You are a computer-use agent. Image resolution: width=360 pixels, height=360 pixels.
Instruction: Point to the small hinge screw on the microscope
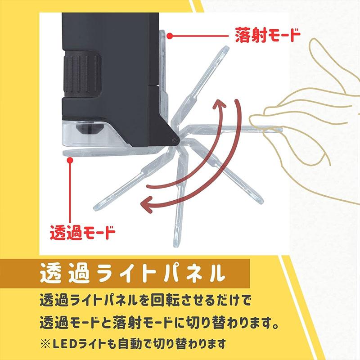[x=175, y=140]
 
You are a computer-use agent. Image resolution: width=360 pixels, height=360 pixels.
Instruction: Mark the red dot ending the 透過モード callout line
[x=70, y=158]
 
